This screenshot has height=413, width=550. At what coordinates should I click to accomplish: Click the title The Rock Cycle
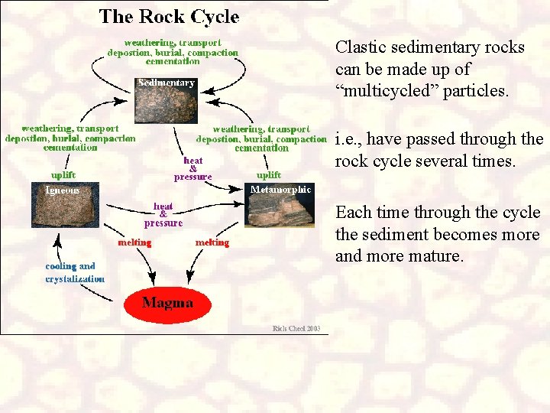pyautogui.click(x=169, y=17)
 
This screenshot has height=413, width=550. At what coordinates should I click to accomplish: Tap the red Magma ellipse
pyautogui.click(x=167, y=303)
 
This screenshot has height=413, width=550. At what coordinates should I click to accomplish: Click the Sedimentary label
pyautogui.click(x=166, y=83)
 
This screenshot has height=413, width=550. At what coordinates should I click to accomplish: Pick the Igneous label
pyautogui.click(x=63, y=190)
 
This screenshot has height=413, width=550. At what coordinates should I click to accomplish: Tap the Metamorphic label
pyautogui.click(x=281, y=189)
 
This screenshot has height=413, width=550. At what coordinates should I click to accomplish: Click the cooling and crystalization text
pyautogui.click(x=75, y=273)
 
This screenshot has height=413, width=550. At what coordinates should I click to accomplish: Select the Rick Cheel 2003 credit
pyautogui.click(x=299, y=329)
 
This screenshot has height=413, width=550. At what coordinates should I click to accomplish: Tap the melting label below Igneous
pyautogui.click(x=134, y=242)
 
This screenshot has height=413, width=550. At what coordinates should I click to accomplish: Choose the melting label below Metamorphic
pyautogui.click(x=212, y=242)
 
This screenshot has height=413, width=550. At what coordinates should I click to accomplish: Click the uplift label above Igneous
pyautogui.click(x=58, y=175)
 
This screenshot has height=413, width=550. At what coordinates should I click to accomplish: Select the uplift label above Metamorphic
pyautogui.click(x=268, y=175)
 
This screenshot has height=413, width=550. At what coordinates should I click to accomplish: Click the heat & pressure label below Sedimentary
pyautogui.click(x=193, y=168)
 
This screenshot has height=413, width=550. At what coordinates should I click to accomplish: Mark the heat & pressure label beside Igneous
pyautogui.click(x=163, y=215)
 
